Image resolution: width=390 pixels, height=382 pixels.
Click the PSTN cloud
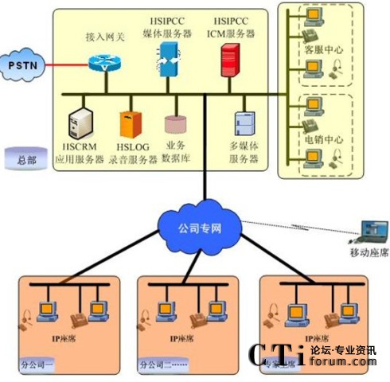22,63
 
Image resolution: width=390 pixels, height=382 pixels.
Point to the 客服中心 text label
324,49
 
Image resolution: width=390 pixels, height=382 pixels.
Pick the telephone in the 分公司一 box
78,320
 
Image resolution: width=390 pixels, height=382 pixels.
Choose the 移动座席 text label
369,252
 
